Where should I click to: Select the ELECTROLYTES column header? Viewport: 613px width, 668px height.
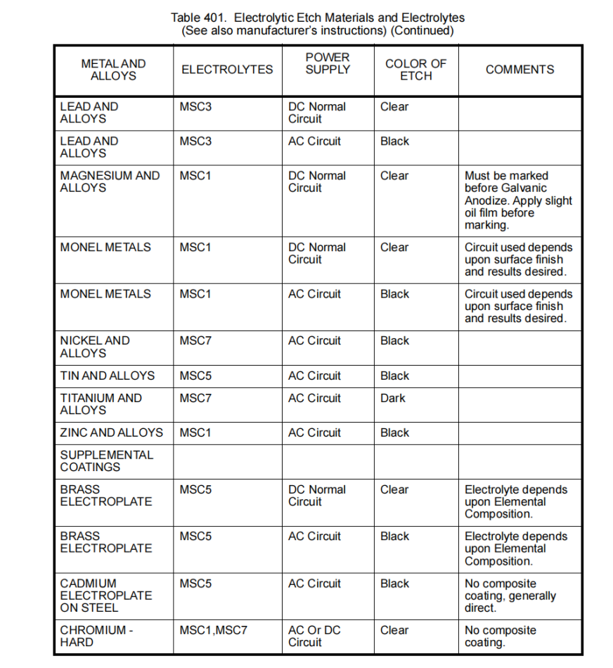point(227,70)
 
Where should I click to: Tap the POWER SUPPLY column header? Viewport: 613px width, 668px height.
point(328,63)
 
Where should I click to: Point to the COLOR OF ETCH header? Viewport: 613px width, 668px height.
point(415,69)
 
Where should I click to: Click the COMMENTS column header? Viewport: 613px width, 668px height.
point(520,70)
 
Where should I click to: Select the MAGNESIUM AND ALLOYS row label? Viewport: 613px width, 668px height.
point(110,182)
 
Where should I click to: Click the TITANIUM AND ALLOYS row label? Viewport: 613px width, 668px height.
point(101,404)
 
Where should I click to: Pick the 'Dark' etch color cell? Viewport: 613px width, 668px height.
point(393,398)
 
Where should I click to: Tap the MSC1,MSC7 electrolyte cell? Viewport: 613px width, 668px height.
point(214,630)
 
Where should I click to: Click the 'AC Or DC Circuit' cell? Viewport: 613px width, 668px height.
point(314,636)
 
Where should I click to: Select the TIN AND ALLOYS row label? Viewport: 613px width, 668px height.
point(107,375)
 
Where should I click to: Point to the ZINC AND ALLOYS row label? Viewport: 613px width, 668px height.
point(111,432)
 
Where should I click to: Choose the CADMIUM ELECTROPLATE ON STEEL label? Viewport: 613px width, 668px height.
point(105,595)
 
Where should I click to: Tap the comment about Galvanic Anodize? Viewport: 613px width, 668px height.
point(518,200)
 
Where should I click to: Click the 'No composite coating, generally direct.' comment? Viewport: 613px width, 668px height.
point(510,596)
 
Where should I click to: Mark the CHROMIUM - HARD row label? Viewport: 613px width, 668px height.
point(96,636)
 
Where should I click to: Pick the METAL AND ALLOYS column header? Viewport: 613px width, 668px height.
point(113,70)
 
